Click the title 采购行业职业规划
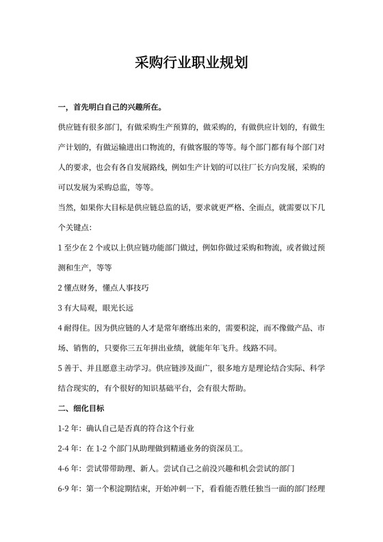pos(191,64)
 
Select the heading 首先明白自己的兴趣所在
pos(116,107)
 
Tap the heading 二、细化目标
pos(81,409)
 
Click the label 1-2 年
pos(68,429)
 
